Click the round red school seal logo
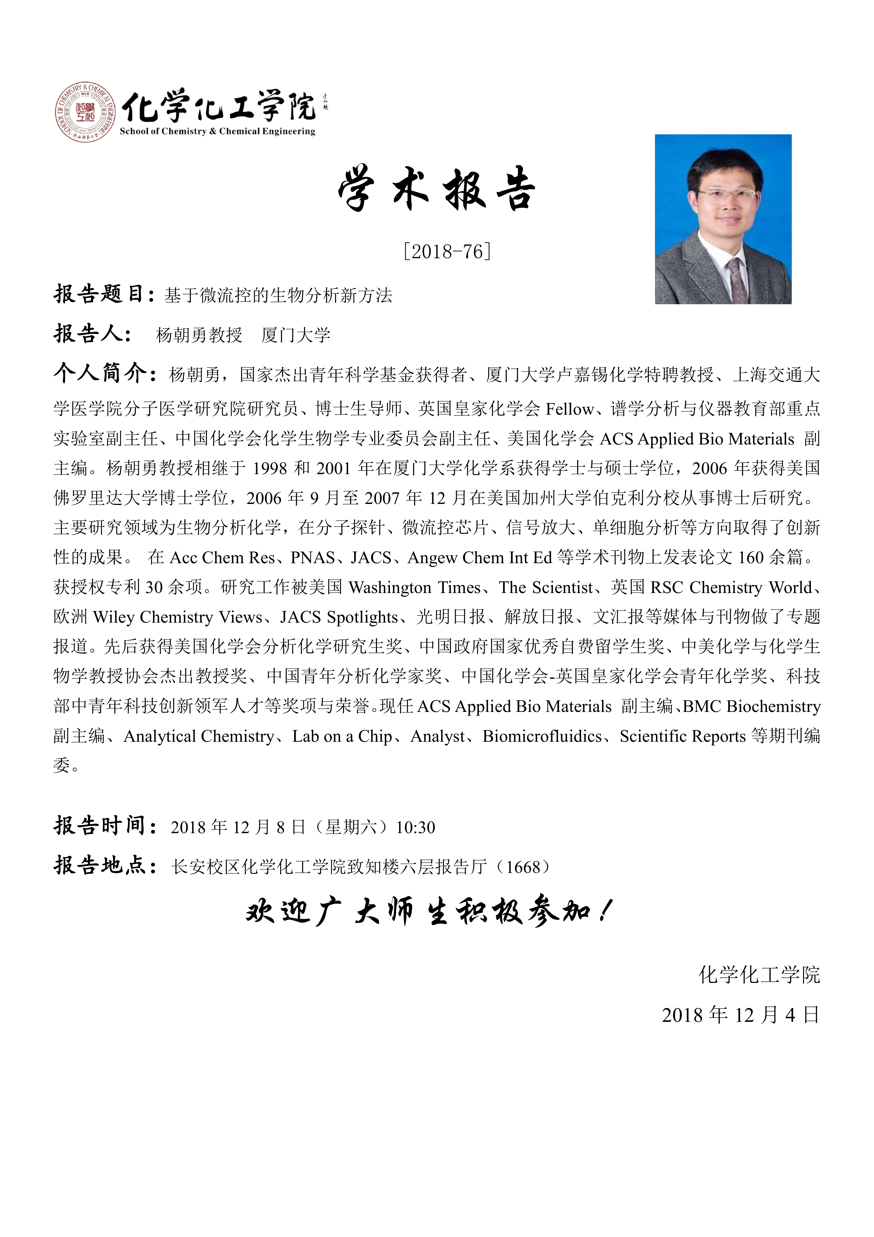click(85, 113)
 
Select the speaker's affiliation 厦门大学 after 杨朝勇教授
click(296, 335)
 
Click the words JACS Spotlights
click(339, 617)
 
